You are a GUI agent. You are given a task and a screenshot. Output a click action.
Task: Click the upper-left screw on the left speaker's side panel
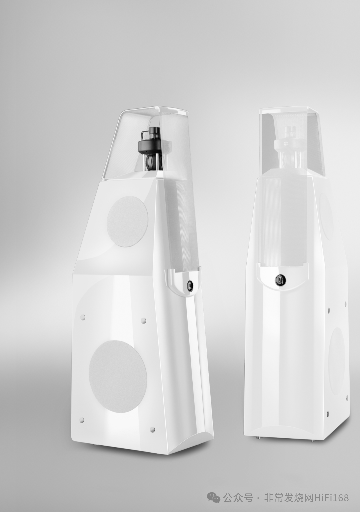(83, 317)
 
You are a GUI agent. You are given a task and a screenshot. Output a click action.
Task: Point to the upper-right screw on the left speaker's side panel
(143, 320)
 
